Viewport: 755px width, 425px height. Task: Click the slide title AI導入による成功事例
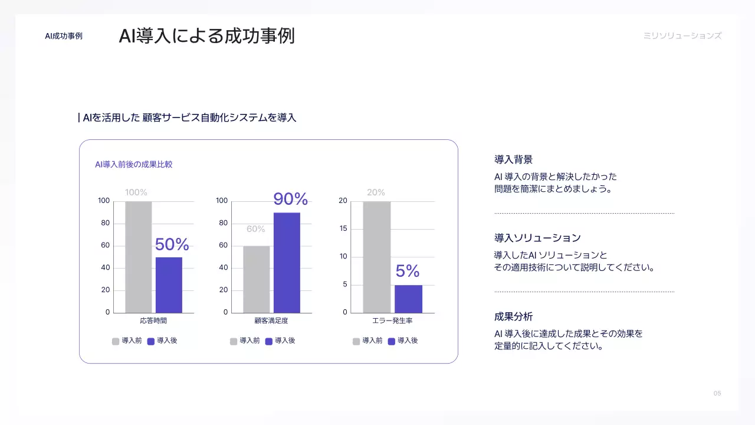tap(206, 35)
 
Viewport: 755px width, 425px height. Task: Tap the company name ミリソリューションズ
tap(682, 35)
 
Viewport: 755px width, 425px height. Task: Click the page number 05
tap(717, 393)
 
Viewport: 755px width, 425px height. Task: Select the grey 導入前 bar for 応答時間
tap(139, 257)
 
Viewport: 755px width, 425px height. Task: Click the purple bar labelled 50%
tap(169, 285)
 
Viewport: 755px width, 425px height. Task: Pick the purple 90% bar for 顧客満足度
tap(287, 263)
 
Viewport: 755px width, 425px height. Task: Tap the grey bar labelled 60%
tap(257, 279)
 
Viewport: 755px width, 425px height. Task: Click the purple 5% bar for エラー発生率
tap(408, 299)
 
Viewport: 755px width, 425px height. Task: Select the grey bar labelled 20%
tap(376, 257)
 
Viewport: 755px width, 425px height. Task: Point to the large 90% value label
tap(290, 199)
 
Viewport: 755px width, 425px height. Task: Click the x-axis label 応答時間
tap(153, 321)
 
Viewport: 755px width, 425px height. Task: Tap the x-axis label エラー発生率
tap(392, 321)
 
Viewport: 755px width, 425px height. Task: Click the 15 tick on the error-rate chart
tap(343, 228)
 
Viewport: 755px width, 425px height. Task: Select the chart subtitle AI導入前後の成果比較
tap(134, 164)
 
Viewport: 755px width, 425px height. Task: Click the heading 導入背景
tap(513, 159)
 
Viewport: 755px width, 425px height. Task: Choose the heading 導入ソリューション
tap(537, 238)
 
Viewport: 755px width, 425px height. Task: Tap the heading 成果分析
tap(513, 316)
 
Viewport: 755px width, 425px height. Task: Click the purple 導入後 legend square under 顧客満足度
tap(269, 341)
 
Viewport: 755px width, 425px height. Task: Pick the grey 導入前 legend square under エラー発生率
tap(356, 341)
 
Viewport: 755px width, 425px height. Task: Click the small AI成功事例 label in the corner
tap(64, 36)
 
